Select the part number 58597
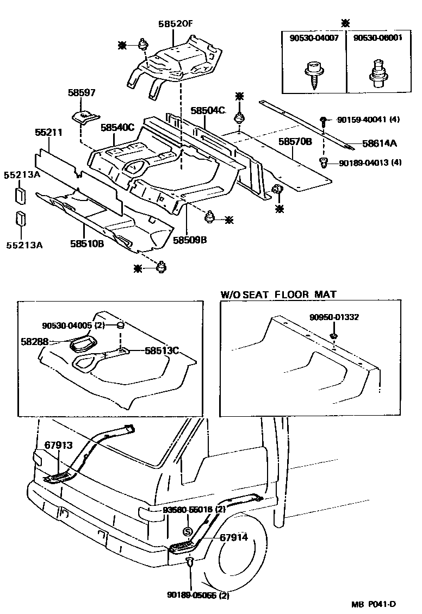[x=82, y=93]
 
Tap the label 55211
[x=49, y=132]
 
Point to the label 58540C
[x=117, y=128]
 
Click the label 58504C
[x=207, y=110]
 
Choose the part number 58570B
[x=295, y=141]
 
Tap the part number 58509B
[x=190, y=240]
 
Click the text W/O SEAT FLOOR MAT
[x=278, y=295]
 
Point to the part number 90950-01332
[x=334, y=317]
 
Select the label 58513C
[x=162, y=350]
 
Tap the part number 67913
[x=58, y=446]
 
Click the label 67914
[x=234, y=537]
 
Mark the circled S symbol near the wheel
[x=187, y=531]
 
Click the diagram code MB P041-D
[x=373, y=604]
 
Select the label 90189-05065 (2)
[x=198, y=595]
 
